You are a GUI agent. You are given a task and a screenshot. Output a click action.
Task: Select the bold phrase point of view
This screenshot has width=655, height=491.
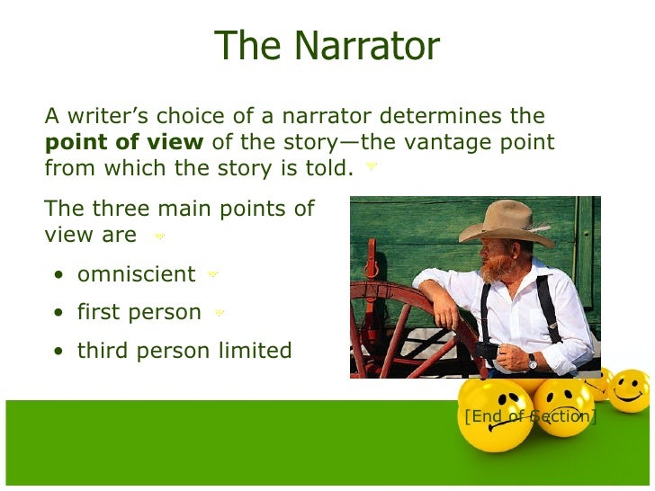click(125, 142)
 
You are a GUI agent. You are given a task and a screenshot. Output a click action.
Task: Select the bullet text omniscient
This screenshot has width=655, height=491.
click(136, 273)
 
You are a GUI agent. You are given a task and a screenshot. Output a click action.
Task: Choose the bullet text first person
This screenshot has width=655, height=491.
click(139, 312)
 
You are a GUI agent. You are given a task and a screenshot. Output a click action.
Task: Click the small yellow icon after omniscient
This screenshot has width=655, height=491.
click(213, 274)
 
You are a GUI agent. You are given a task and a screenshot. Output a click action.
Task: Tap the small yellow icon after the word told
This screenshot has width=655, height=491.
click(372, 166)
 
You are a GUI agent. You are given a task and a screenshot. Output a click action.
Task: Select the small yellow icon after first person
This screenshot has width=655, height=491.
click(220, 313)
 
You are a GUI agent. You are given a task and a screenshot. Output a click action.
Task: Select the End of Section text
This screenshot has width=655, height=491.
click(529, 416)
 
